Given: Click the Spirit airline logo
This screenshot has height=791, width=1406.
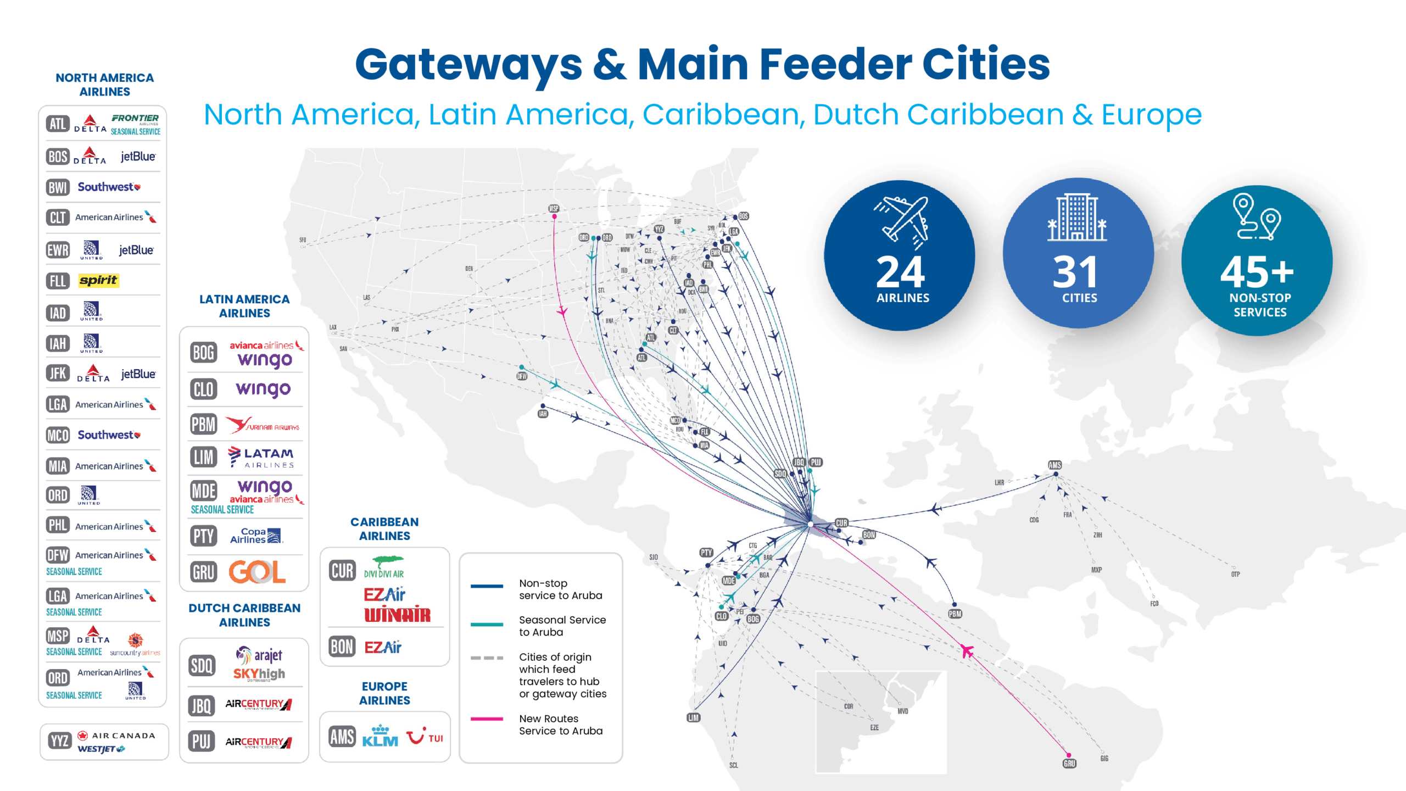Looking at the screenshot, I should (x=98, y=281).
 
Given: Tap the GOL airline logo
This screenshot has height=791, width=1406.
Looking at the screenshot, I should (x=257, y=572).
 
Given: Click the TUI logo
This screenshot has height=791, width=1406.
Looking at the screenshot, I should (x=425, y=737).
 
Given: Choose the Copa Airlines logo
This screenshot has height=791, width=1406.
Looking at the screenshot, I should (x=256, y=536).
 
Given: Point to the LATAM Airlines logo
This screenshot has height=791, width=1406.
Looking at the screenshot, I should (x=261, y=457).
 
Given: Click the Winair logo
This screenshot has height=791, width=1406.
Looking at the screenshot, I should (x=397, y=615).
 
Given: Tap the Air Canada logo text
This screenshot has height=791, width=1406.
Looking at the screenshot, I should (x=123, y=736).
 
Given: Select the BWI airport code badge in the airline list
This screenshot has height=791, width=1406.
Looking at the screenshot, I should (x=58, y=187).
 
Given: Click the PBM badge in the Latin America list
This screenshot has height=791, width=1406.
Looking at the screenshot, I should (x=203, y=425).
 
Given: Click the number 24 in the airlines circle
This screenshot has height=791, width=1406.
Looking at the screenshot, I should (x=900, y=272).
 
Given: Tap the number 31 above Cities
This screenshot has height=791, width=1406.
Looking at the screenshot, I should (x=1075, y=272).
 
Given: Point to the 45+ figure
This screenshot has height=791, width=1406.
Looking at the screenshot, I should (x=1257, y=272).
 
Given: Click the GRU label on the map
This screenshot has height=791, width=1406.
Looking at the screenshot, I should (x=1069, y=764).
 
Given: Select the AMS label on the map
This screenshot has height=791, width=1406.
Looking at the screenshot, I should (x=1054, y=465).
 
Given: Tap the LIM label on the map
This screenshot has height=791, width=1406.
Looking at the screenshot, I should (x=693, y=717).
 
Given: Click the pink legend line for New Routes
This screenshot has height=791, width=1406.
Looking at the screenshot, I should (x=487, y=718).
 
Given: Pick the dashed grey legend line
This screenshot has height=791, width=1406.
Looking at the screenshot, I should (x=487, y=658).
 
